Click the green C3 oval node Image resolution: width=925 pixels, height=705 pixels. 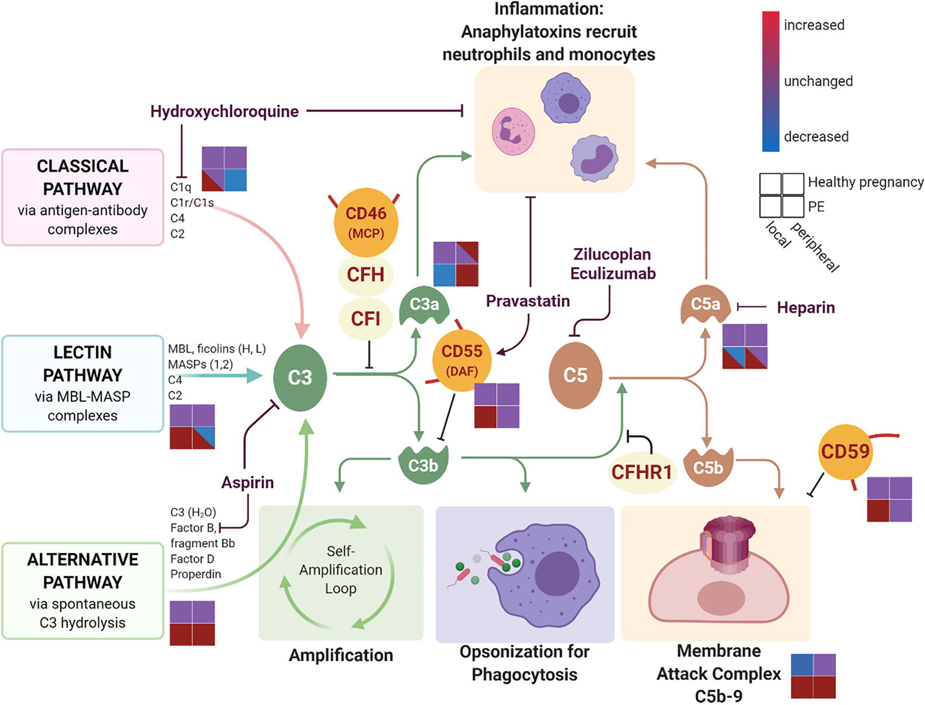[x=300, y=378]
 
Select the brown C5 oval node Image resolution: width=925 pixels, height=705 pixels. [x=575, y=376]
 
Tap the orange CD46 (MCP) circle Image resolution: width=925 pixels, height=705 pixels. [x=366, y=222]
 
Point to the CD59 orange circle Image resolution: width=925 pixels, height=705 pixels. [x=845, y=452]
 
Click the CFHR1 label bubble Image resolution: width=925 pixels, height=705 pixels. [x=641, y=472]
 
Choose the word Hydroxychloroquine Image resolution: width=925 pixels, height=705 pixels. [x=224, y=112]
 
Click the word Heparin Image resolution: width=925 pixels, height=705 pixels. [x=805, y=308]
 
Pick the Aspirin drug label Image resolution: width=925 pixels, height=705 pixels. [x=247, y=483]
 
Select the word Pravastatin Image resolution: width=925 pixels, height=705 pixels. [x=528, y=301]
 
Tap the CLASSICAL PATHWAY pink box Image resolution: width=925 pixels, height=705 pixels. [x=83, y=197]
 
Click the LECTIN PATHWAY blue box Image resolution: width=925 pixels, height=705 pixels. [x=83, y=383]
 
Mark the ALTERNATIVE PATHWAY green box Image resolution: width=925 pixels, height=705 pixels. [x=83, y=590]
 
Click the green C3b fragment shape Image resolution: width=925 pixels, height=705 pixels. [x=423, y=465]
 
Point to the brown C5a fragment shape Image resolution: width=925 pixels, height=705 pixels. [x=705, y=305]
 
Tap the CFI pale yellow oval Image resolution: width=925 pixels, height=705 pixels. [x=365, y=319]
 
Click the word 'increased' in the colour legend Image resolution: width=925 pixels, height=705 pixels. [x=814, y=25]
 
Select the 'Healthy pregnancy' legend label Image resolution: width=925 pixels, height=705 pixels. [x=865, y=182]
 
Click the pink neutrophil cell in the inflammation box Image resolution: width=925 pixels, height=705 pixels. [x=513, y=132]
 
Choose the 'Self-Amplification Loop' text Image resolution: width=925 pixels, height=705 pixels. [x=341, y=570]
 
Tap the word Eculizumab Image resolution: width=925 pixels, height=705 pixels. [x=613, y=273]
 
